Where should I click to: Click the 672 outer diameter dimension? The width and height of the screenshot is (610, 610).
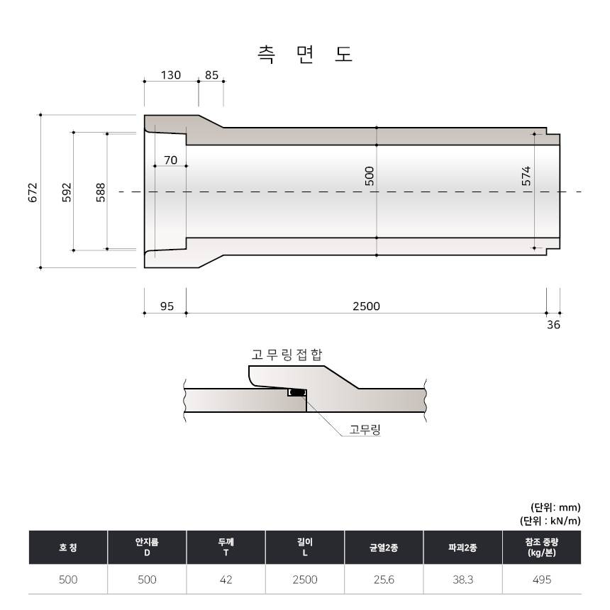33,192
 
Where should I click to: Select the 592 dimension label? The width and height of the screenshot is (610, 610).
67,192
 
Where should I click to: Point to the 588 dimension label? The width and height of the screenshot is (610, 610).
101,192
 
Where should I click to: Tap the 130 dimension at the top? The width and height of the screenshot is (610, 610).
171,74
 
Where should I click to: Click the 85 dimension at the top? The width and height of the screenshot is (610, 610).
211,74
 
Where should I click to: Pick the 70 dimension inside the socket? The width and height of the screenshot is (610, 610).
170,160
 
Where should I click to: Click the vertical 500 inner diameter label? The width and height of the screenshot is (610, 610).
370,176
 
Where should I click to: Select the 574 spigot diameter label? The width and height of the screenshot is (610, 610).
526,176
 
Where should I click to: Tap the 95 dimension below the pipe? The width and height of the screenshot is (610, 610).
167,306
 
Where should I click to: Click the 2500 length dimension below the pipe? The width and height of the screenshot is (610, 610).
366,306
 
